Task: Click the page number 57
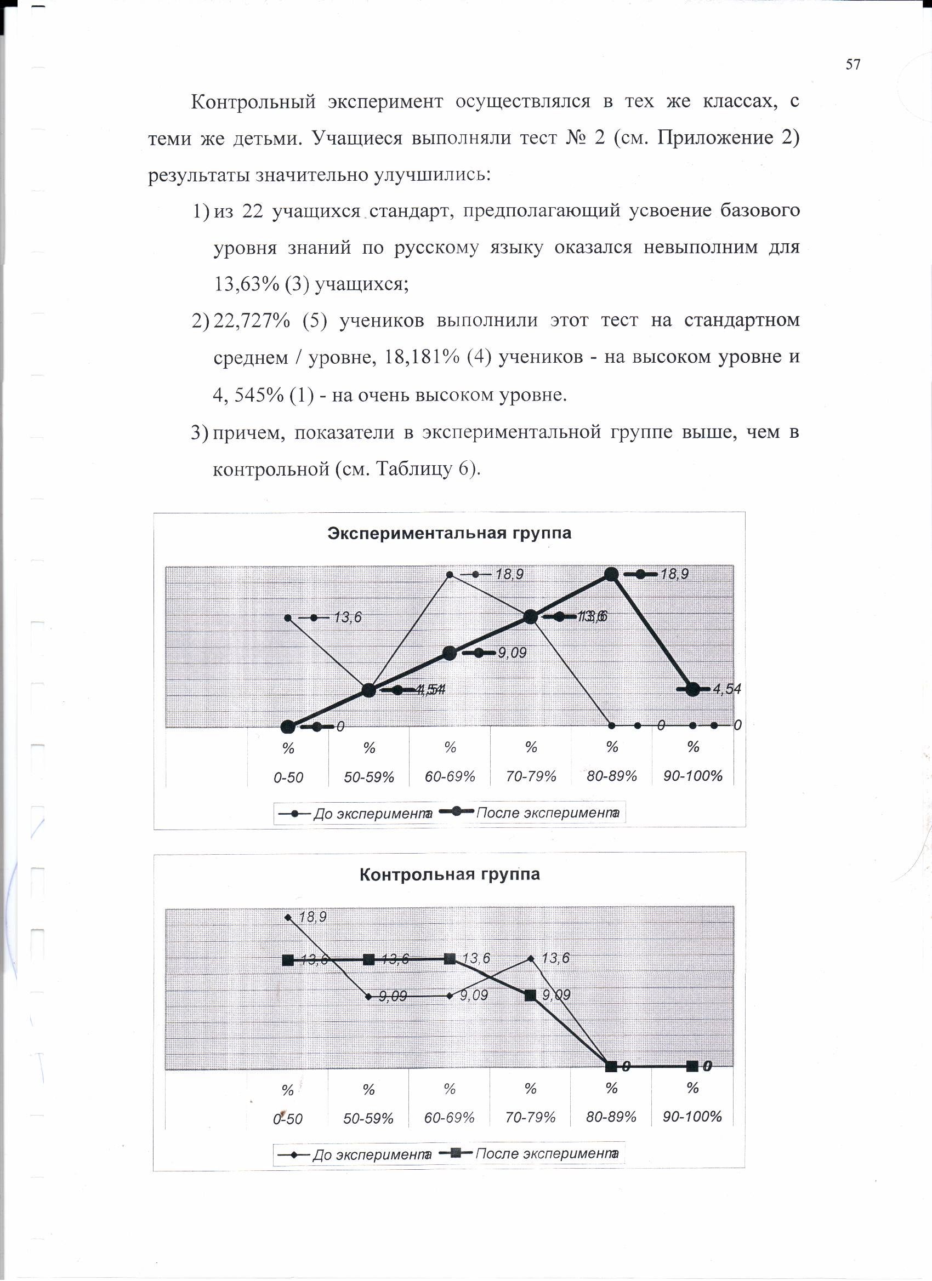click(853, 65)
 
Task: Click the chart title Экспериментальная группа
click(450, 533)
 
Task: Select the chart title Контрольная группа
click(450, 874)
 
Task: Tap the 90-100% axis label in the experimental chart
click(693, 775)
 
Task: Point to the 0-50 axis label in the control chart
click(288, 1118)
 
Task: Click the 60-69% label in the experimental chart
click(450, 776)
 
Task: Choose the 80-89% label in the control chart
click(611, 1117)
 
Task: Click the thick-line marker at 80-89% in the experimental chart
click(611, 574)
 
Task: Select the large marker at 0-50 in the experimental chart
click(288, 727)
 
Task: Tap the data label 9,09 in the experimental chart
click(512, 653)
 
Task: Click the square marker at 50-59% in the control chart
click(368, 959)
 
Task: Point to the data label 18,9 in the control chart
click(312, 917)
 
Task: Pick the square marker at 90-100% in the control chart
click(692, 1066)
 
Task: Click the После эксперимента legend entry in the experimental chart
click(547, 813)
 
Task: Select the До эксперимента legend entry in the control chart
click(371, 1154)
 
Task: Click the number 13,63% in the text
click(246, 283)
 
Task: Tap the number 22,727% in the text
click(252, 320)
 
